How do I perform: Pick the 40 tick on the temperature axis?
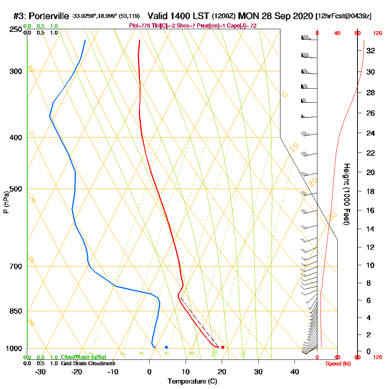pos(294,372)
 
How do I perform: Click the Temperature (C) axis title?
pos(192,382)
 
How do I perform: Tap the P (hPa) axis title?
pos(6,202)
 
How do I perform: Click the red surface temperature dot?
pos(223,347)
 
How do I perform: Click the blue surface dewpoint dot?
pos(166,347)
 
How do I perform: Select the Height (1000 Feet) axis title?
pos(346,194)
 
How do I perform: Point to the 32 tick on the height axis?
pos(371,51)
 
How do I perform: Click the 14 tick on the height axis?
pos(371,229)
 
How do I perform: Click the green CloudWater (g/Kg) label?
pos(83,357)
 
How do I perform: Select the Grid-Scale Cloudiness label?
pos(88,363)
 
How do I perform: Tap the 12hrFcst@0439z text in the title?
pos(344,16)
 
